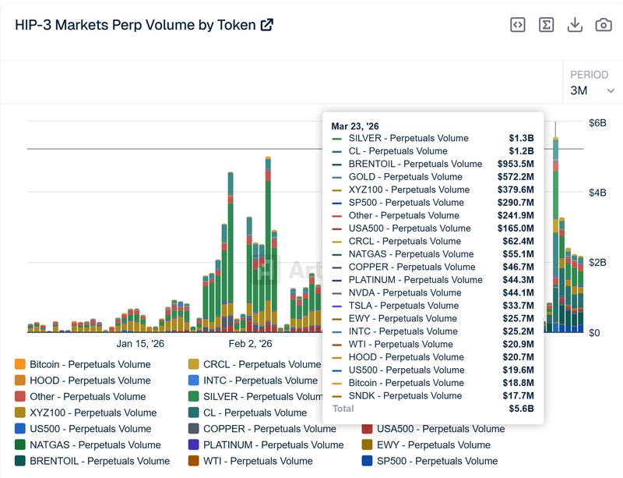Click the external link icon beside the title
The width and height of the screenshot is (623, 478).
pyautogui.click(x=266, y=25)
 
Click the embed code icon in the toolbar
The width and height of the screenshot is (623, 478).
pyautogui.click(x=518, y=25)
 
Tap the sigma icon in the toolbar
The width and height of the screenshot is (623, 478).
pyautogui.click(x=546, y=25)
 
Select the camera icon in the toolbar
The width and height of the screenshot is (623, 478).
pyautogui.click(x=604, y=25)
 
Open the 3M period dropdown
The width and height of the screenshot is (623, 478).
pyautogui.click(x=592, y=90)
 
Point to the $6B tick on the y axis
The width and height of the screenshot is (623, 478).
pyautogui.click(x=597, y=123)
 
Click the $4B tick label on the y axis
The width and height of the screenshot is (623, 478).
pyautogui.click(x=597, y=193)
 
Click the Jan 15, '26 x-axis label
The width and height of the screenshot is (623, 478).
pyautogui.click(x=140, y=343)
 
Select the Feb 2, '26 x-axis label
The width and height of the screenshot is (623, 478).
pyautogui.click(x=250, y=343)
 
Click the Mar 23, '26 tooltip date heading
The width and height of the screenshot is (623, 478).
pyautogui.click(x=355, y=126)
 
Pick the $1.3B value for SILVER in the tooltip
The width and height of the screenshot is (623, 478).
pyautogui.click(x=521, y=138)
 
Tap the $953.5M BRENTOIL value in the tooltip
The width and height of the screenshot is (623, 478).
pyautogui.click(x=516, y=164)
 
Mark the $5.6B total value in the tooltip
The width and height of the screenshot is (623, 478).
pyautogui.click(x=521, y=409)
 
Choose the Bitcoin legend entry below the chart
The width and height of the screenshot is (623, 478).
pyautogui.click(x=82, y=364)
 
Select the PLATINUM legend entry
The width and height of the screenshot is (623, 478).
pyautogui.click(x=265, y=444)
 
